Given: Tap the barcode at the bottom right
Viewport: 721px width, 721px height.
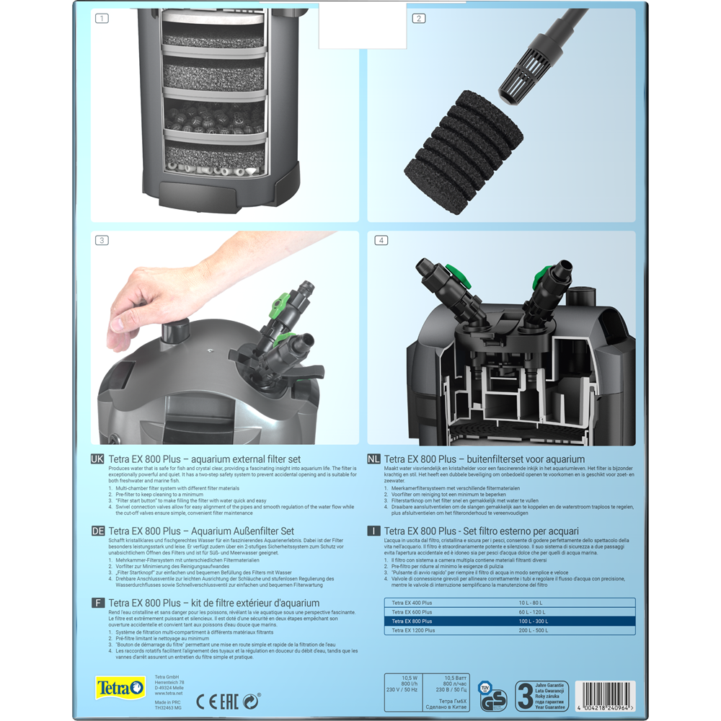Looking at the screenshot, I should tap(598, 696).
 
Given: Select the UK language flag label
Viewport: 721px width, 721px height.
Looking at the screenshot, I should tap(97, 459).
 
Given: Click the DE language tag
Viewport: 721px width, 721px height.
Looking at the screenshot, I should tap(97, 531).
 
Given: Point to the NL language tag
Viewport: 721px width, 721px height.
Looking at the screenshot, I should tap(373, 459).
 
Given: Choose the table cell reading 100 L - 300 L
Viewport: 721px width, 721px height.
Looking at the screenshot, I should tap(534, 621).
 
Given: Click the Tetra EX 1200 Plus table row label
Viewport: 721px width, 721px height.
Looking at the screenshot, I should tap(413, 630).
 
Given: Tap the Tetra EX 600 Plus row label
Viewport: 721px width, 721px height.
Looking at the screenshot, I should tap(412, 611).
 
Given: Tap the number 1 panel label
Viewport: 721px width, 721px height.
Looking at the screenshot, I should tap(102, 18).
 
